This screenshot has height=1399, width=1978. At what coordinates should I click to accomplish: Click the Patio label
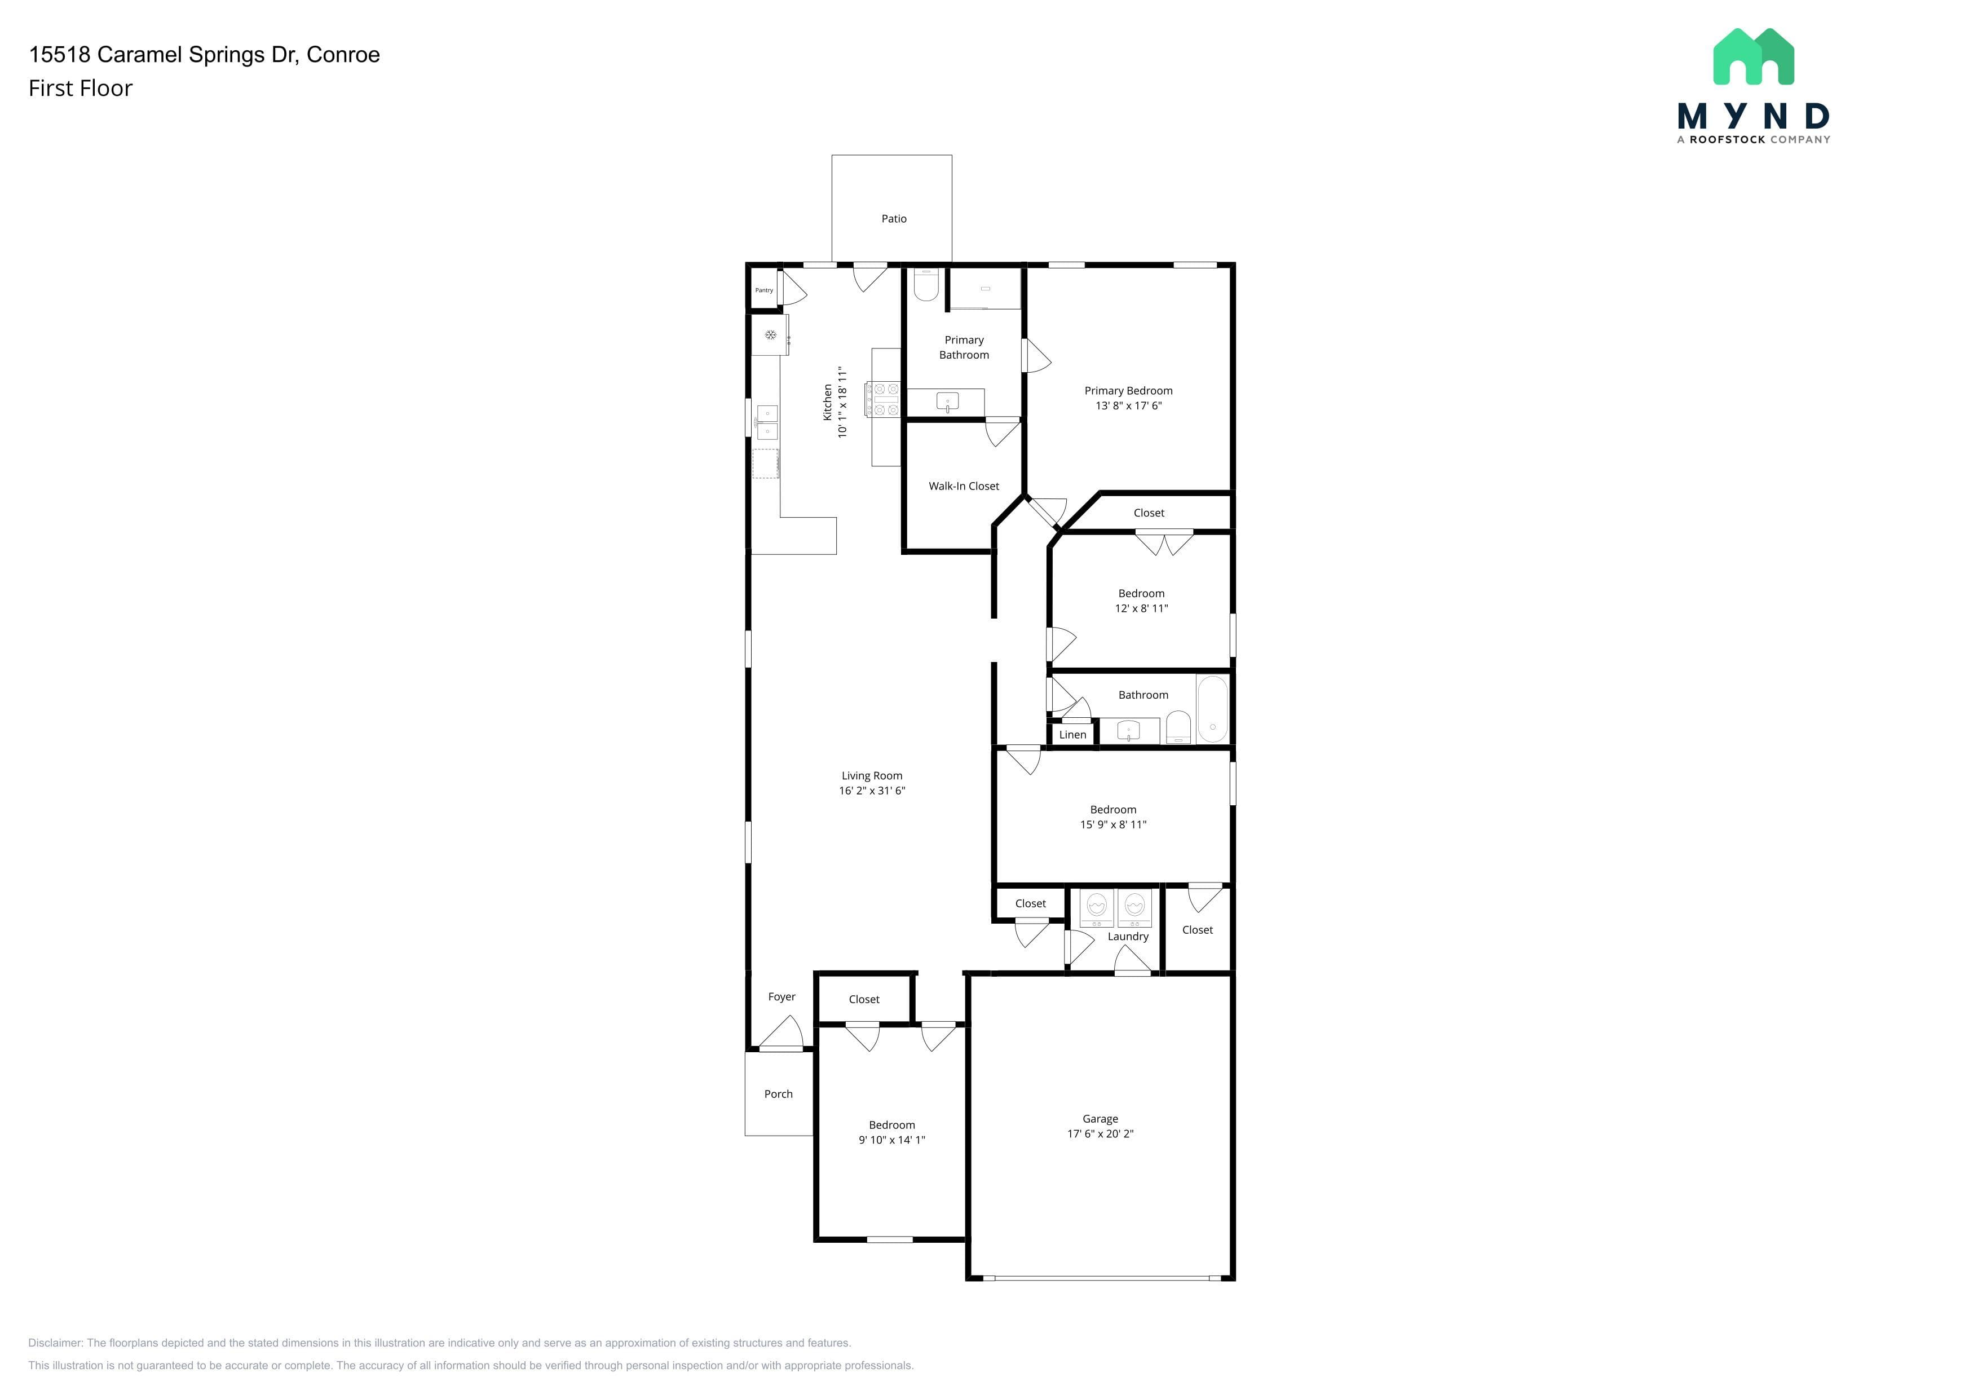point(893,219)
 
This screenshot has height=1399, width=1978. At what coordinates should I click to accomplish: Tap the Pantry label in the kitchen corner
point(764,290)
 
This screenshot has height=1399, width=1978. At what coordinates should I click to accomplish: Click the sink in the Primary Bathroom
point(948,402)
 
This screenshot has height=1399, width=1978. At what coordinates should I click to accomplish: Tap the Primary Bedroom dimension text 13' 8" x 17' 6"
point(1129,406)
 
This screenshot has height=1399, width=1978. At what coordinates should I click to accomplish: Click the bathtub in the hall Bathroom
point(1212,709)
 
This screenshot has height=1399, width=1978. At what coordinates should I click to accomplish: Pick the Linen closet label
point(1072,735)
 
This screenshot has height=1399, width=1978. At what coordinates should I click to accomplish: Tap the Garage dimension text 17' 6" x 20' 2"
point(1100,1133)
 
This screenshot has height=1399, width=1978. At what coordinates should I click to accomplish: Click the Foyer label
point(782,997)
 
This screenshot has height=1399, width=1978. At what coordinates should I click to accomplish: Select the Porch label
point(778,1094)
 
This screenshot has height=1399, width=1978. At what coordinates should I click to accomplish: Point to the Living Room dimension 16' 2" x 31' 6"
point(872,791)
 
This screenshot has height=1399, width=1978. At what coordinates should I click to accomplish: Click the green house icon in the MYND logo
point(1753,57)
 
